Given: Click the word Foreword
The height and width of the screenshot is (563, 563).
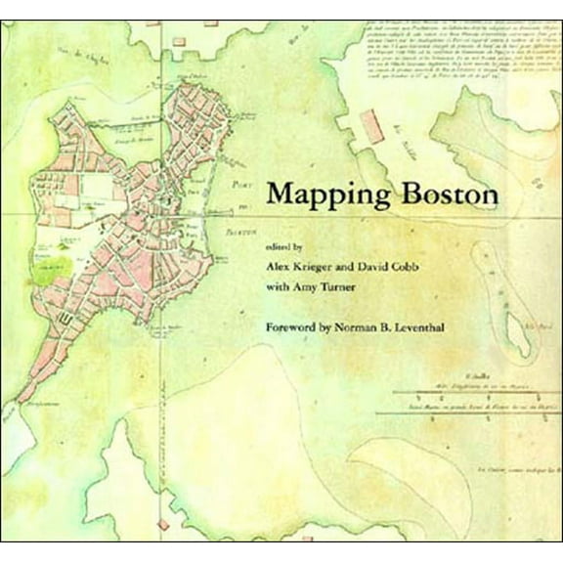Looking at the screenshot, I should pos(297,325).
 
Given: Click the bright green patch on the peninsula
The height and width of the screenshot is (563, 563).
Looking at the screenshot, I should pos(43,273).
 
